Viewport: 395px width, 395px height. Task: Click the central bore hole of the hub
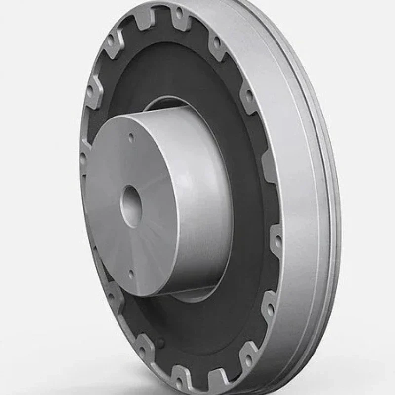pyautogui.click(x=131, y=206)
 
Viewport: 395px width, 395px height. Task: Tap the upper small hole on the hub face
pyautogui.click(x=131, y=139)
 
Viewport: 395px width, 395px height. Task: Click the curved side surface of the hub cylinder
pyautogui.click(x=197, y=197)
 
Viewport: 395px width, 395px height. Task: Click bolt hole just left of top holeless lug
pyautogui.click(x=114, y=39)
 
